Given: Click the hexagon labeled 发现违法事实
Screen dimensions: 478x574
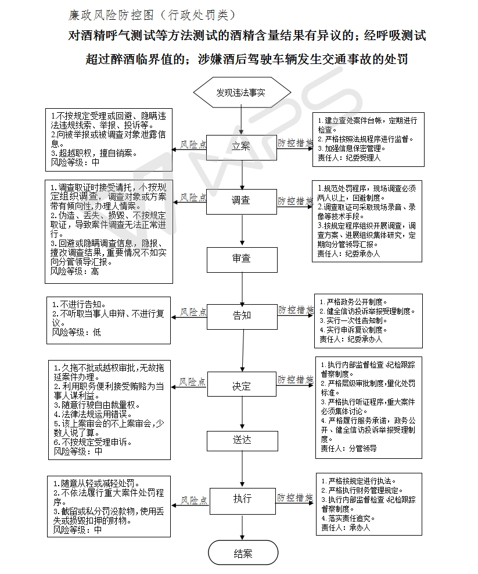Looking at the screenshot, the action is pyautogui.click(x=242, y=92).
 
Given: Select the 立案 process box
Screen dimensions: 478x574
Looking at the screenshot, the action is pyautogui.click(x=242, y=147).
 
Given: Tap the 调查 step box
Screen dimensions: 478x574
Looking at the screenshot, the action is pyautogui.click(x=242, y=201).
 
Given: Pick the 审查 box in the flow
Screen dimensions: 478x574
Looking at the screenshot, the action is pyautogui.click(x=242, y=259).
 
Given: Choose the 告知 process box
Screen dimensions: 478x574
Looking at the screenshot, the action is pyautogui.click(x=242, y=316).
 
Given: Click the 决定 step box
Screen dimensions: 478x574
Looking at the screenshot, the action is pyautogui.click(x=242, y=384).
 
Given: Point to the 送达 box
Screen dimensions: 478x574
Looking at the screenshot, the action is pyautogui.click(x=242, y=441).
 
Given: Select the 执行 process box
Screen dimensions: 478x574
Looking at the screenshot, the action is pyautogui.click(x=242, y=501).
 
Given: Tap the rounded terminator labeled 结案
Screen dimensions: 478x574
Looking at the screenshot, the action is pyautogui.click(x=243, y=552).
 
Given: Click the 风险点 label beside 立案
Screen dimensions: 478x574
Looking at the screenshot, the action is pyautogui.click(x=193, y=145).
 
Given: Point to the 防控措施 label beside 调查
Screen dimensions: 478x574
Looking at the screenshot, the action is pyautogui.click(x=295, y=201).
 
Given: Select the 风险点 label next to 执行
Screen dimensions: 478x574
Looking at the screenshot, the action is pyautogui.click(x=194, y=500).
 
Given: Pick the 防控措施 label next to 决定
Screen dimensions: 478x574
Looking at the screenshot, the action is pyautogui.click(x=295, y=380).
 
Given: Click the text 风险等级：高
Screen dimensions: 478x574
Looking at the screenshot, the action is pyautogui.click(x=74, y=271).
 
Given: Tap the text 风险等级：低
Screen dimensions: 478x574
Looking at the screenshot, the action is pyautogui.click(x=76, y=333).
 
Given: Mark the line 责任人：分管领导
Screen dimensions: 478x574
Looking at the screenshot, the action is pyautogui.click(x=348, y=448).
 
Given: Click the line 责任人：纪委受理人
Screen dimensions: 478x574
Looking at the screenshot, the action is pyautogui.click(x=349, y=158).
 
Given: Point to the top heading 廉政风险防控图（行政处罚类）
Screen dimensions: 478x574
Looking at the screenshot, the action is pyautogui.click(x=153, y=15).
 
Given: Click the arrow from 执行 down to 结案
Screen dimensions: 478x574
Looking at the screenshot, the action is pyautogui.click(x=242, y=527).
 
